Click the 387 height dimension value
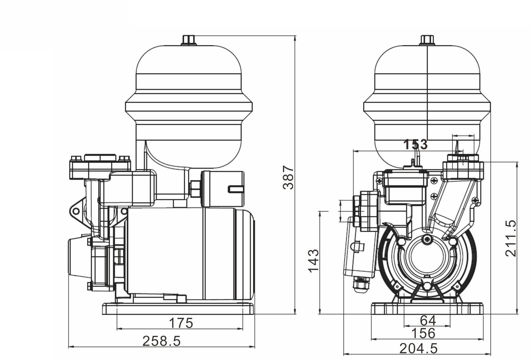click(x=288, y=178)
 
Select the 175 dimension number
click(x=181, y=323)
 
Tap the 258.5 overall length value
click(x=161, y=341)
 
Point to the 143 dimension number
click(x=313, y=261)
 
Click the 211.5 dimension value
click(x=511, y=238)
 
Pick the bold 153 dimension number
click(x=415, y=144)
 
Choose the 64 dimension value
click(x=428, y=321)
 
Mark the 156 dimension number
click(x=423, y=333)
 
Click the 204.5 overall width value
click(x=419, y=349)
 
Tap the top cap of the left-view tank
click(x=189, y=40)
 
